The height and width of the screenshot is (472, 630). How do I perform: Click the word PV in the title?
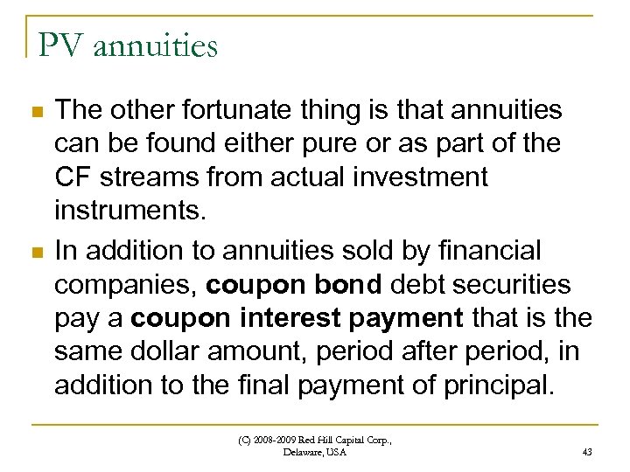(x=58, y=45)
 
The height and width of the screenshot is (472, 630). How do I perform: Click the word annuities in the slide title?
(x=153, y=46)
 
